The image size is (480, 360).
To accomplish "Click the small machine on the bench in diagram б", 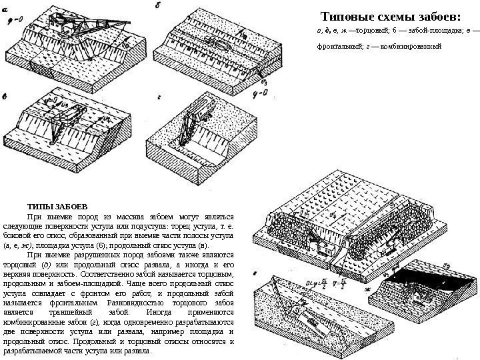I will pyautogui.click(x=221, y=45).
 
